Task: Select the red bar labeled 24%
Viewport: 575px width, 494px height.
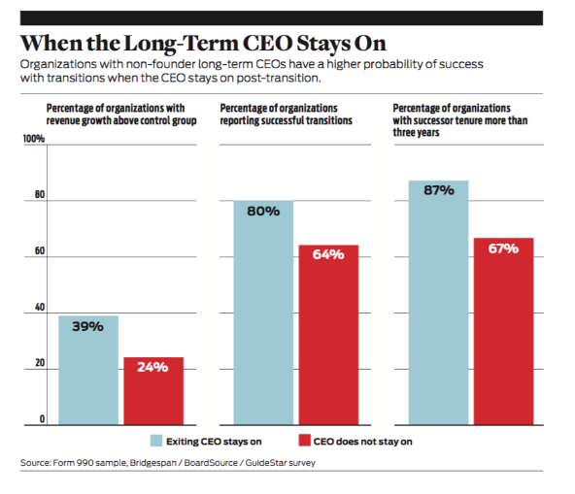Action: [152, 392]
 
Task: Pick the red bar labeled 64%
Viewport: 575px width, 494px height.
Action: [327, 336]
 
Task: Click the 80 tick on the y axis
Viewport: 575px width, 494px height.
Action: [38, 194]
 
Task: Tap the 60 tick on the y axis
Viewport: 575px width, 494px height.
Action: [38, 251]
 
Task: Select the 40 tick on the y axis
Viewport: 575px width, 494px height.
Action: [38, 308]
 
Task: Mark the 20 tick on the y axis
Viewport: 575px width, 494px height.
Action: [38, 363]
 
